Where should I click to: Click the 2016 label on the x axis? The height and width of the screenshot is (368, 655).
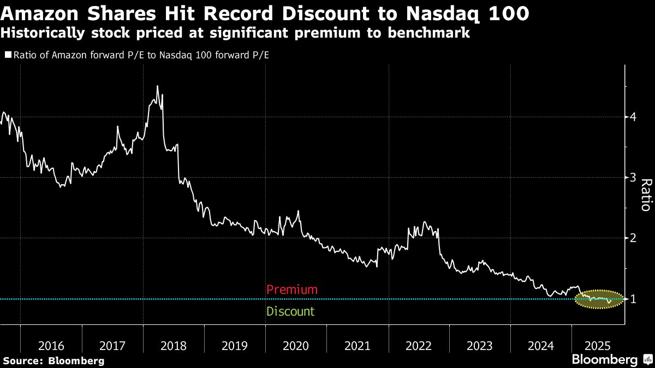point(51,346)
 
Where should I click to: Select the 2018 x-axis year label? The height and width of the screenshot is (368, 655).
point(174,346)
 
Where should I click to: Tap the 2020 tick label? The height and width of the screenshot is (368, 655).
point(296,346)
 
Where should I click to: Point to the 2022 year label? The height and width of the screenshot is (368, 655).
point(419,346)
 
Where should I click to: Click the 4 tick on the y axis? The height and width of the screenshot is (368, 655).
point(634,117)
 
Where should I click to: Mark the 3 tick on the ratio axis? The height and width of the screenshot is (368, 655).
point(634,177)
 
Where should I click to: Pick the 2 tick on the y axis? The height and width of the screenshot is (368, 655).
point(634,238)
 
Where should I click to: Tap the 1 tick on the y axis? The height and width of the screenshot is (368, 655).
point(634,299)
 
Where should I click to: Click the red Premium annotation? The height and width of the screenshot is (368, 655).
point(291,289)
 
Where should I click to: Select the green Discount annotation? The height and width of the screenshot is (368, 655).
point(290,312)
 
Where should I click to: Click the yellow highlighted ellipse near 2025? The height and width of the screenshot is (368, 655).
point(599,299)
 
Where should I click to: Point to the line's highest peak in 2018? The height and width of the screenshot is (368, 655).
point(157,87)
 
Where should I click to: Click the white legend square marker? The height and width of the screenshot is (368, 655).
point(8,55)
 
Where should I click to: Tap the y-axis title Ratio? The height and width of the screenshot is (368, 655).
point(645,195)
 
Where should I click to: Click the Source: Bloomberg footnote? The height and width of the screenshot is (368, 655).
point(53,360)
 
